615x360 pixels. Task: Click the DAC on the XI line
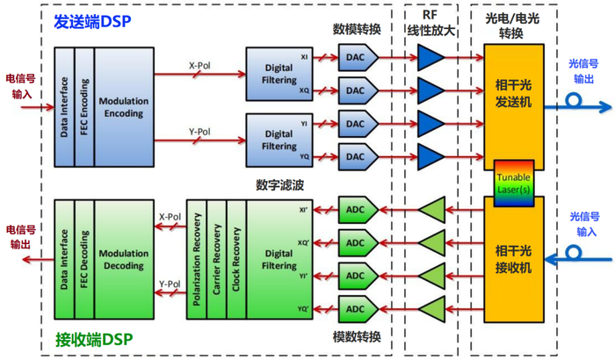click(355, 58)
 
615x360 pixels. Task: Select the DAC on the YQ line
click(355, 157)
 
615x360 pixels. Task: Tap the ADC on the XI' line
click(356, 210)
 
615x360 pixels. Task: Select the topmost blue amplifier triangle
click(430, 58)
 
